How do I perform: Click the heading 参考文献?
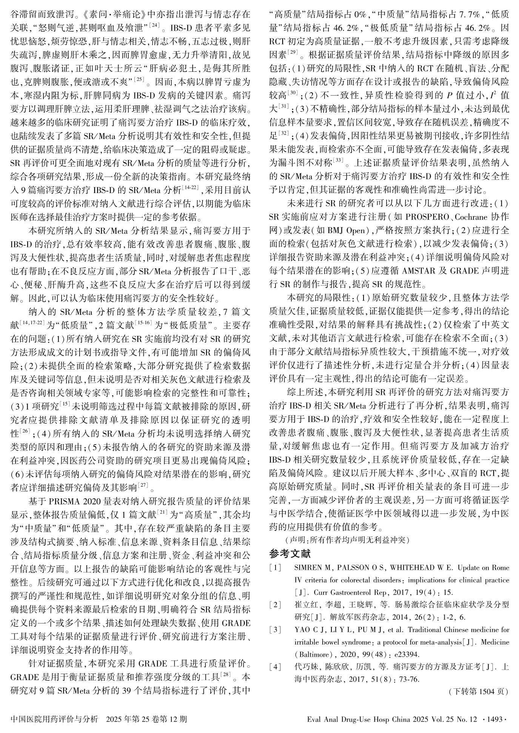tap(290, 554)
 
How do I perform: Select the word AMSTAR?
tap(420, 271)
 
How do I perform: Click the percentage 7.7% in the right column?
tap(462, 15)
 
